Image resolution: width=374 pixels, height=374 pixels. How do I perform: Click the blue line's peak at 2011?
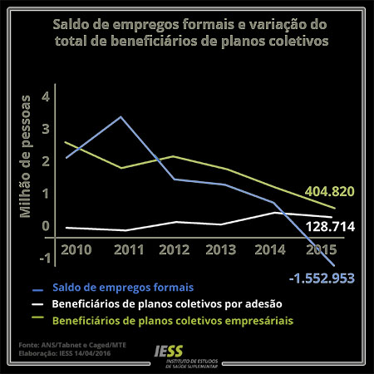coord(122,116)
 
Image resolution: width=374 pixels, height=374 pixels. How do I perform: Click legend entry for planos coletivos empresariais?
coord(174,318)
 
